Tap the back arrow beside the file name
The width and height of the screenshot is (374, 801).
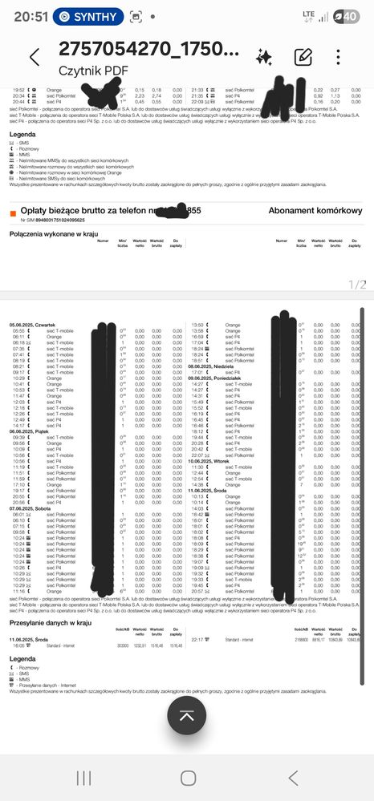(34, 57)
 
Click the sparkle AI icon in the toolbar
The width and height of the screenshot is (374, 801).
(263, 57)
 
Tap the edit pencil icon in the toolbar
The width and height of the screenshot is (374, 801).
(303, 57)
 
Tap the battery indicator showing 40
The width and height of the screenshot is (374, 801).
(350, 15)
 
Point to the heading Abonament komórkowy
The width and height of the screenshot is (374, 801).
(315, 210)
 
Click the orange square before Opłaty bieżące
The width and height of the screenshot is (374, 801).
(13, 212)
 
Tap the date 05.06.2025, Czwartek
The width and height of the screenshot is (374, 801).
(32, 324)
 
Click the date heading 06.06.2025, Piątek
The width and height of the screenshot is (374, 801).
(29, 431)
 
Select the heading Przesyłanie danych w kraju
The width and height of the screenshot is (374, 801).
(54, 621)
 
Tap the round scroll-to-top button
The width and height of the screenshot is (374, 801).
(187, 715)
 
